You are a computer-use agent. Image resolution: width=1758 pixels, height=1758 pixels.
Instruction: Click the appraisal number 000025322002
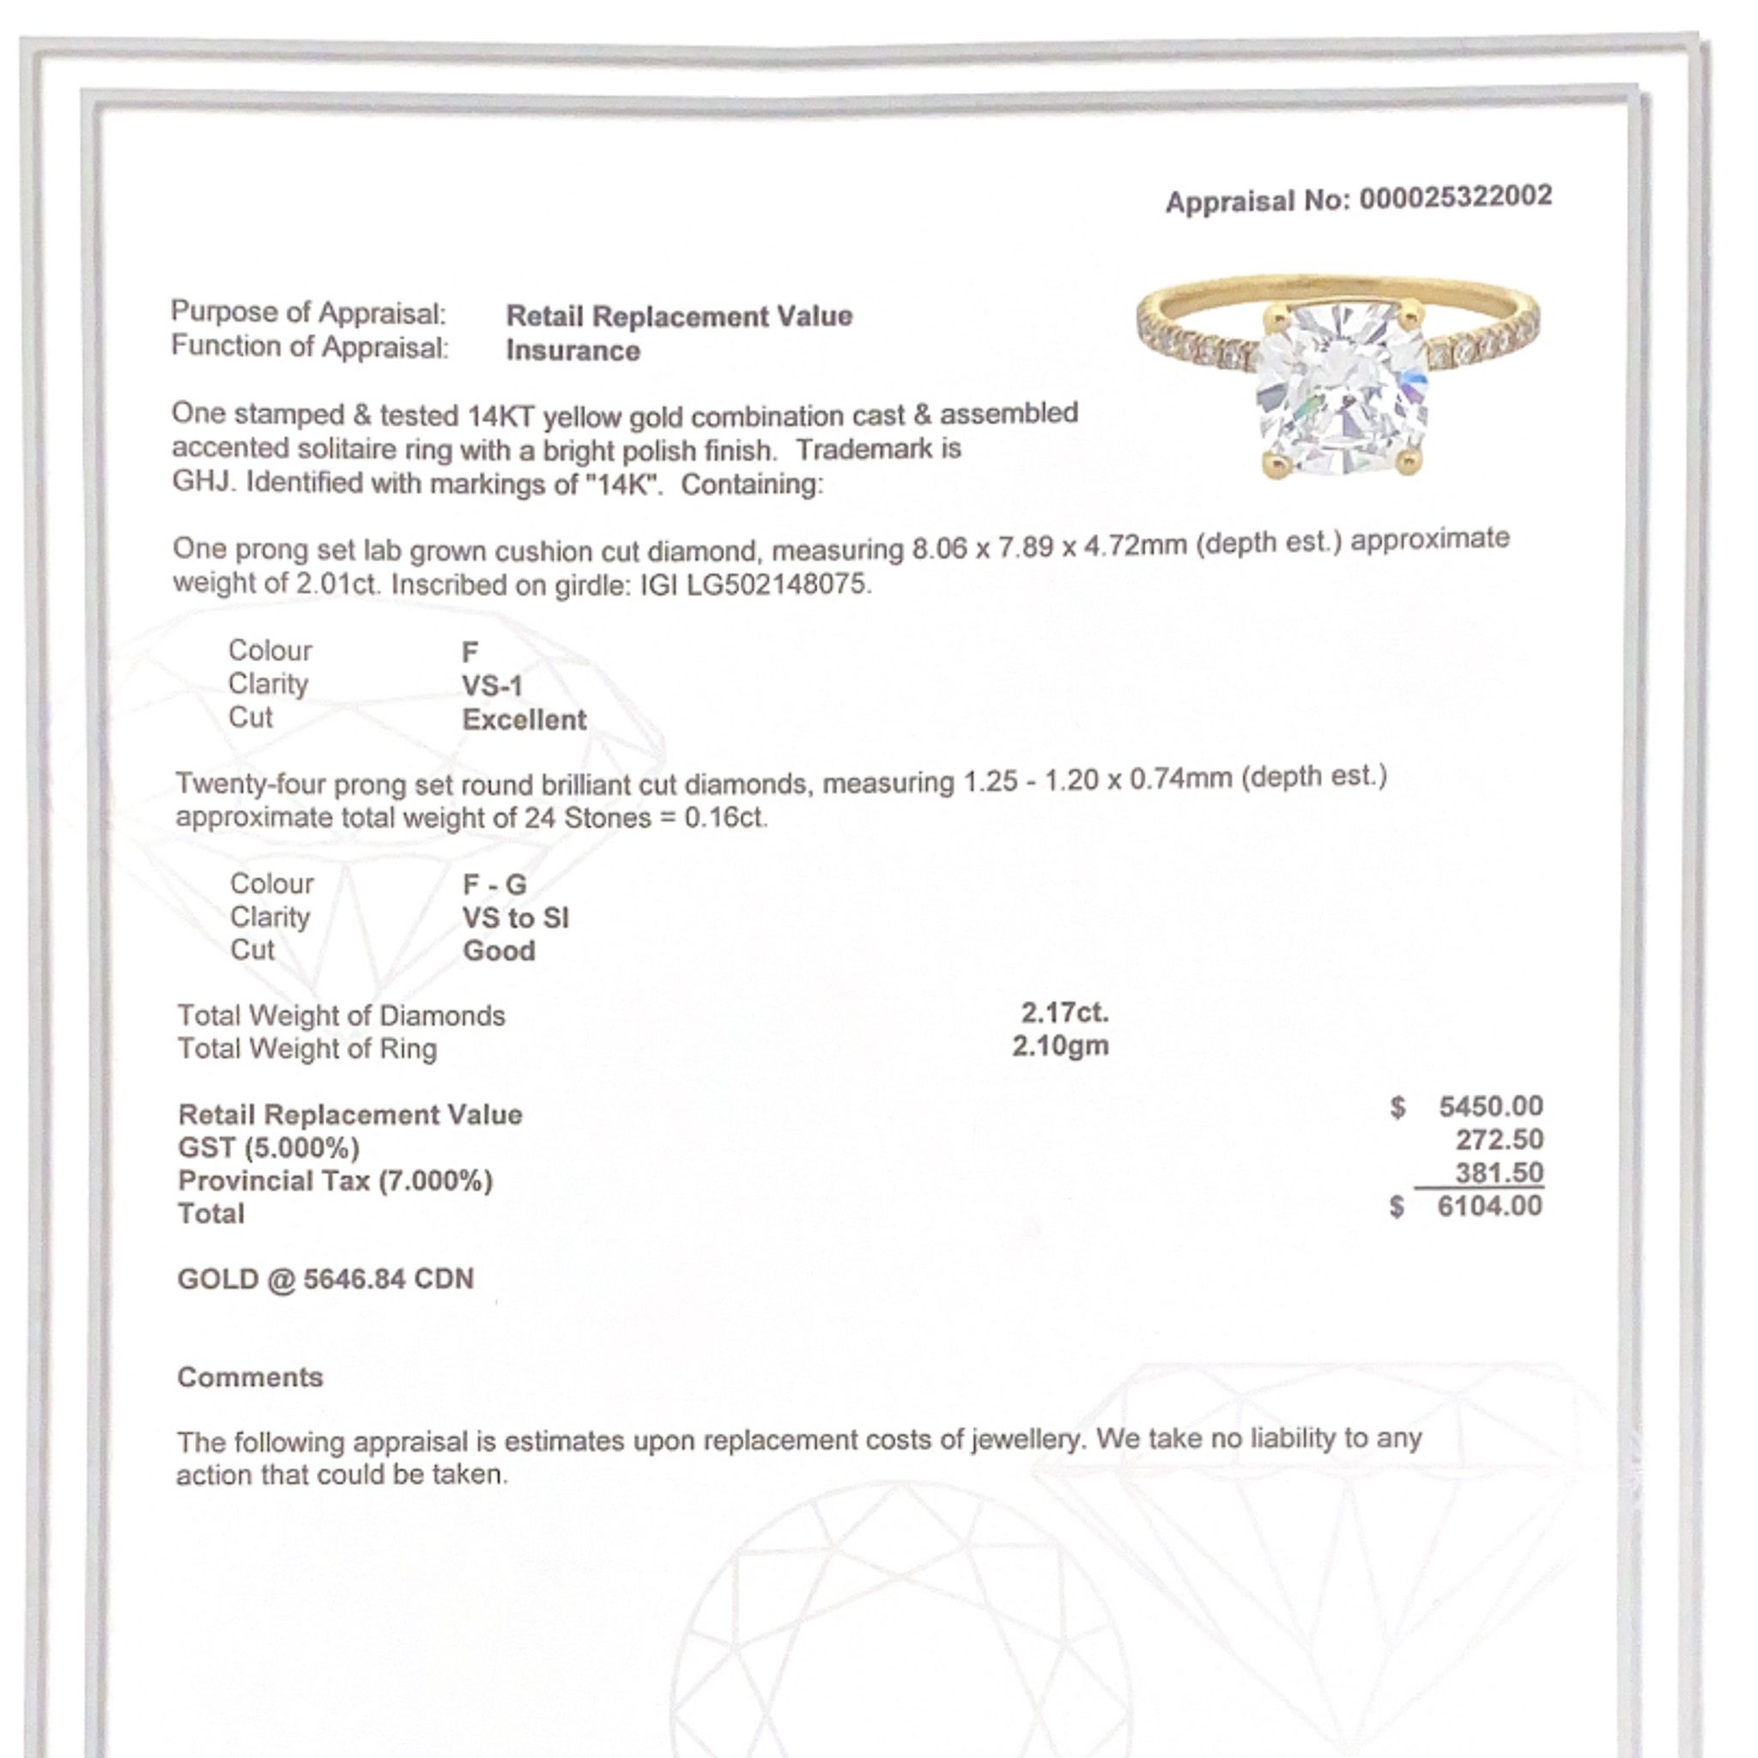(x=1455, y=197)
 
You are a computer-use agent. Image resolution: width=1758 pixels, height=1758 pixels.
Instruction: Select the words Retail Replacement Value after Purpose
(x=679, y=316)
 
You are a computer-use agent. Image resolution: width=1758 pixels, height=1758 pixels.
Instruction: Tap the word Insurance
(x=573, y=350)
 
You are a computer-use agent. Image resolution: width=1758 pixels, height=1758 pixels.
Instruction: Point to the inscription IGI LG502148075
(x=755, y=583)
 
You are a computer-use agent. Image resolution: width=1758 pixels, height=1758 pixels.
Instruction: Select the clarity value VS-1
(x=492, y=686)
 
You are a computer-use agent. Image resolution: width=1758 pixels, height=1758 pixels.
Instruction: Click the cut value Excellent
(x=524, y=719)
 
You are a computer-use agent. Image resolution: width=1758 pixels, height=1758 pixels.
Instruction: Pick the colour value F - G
(x=494, y=884)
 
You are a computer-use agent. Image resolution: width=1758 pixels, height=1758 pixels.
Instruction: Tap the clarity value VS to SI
(x=515, y=918)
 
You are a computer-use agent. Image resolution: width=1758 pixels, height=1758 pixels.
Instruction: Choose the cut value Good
(x=499, y=951)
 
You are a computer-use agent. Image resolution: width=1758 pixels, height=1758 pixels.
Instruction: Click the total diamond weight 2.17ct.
(x=1064, y=1013)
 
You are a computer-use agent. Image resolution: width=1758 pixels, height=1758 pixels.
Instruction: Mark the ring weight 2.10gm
(x=1060, y=1046)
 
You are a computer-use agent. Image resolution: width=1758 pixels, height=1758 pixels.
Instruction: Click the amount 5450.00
(x=1490, y=1106)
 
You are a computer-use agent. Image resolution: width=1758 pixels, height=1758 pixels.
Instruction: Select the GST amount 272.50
(x=1499, y=1139)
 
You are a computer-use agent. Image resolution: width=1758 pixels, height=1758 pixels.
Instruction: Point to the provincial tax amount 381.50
(x=1499, y=1173)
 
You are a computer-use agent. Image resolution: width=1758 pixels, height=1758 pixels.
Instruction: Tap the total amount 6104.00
(x=1489, y=1207)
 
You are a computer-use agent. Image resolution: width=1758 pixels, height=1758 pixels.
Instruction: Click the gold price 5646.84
(x=354, y=1278)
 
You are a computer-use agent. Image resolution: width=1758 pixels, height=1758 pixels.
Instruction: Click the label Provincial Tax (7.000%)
(x=335, y=1181)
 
